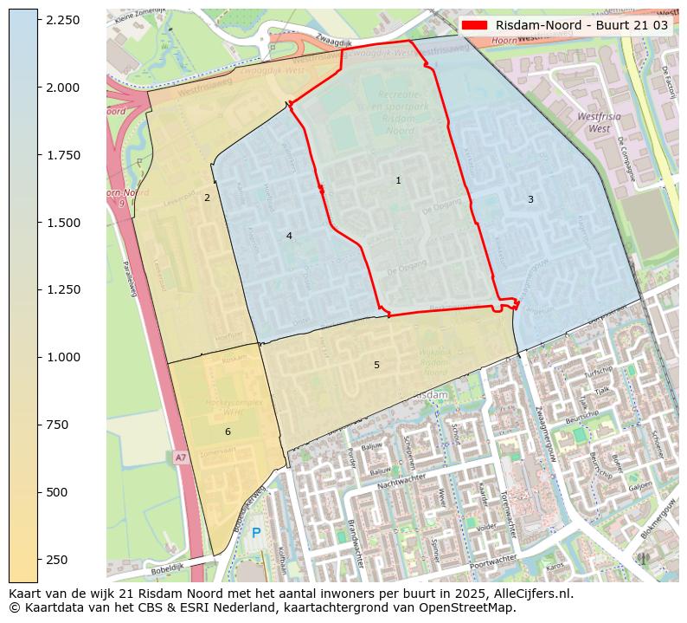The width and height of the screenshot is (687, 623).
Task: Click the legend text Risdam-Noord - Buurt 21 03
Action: click(581, 25)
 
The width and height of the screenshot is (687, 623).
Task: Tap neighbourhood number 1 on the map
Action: click(398, 181)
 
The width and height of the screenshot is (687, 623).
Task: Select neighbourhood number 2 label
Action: click(207, 198)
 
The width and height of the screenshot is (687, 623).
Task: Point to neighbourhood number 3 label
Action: click(530, 200)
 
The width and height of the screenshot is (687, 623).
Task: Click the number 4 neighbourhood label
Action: click(289, 236)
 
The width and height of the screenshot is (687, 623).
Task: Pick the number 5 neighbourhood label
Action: click(376, 365)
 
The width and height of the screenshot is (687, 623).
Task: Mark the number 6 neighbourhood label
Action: click(228, 432)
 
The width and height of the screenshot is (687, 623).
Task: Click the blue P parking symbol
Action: click(256, 533)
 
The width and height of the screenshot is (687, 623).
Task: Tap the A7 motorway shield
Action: click(180, 457)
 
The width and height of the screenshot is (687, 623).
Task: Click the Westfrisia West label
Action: click(594, 122)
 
